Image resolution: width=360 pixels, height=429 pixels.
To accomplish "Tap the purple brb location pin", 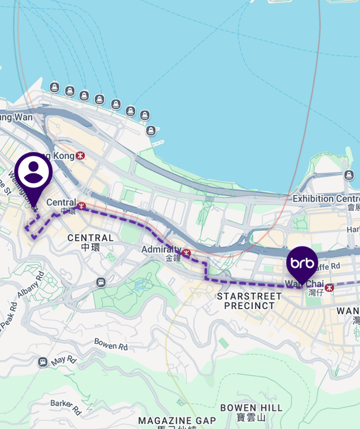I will [302, 262].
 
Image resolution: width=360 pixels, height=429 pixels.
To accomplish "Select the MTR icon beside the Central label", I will [81, 204].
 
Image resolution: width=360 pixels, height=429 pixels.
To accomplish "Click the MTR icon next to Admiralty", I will [187, 252].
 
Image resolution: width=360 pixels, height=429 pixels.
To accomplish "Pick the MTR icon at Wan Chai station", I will [330, 287].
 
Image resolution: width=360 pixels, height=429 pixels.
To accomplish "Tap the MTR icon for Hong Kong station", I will [81, 156].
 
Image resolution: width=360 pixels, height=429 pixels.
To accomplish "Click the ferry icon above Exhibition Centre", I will [349, 175].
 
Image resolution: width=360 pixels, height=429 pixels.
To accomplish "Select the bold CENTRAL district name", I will [90, 238].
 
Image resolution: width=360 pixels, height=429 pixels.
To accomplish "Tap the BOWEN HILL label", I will [251, 408].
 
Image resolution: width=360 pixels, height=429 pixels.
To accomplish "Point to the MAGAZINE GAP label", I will [177, 420].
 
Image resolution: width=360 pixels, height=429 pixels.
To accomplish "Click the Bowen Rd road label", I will [111, 344].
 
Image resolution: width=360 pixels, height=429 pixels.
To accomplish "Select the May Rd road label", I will [64, 361].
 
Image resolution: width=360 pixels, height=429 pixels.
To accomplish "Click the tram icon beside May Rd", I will [42, 362].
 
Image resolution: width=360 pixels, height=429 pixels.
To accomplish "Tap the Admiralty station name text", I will [161, 249].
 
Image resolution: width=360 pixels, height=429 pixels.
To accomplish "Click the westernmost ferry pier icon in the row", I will [54, 87].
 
